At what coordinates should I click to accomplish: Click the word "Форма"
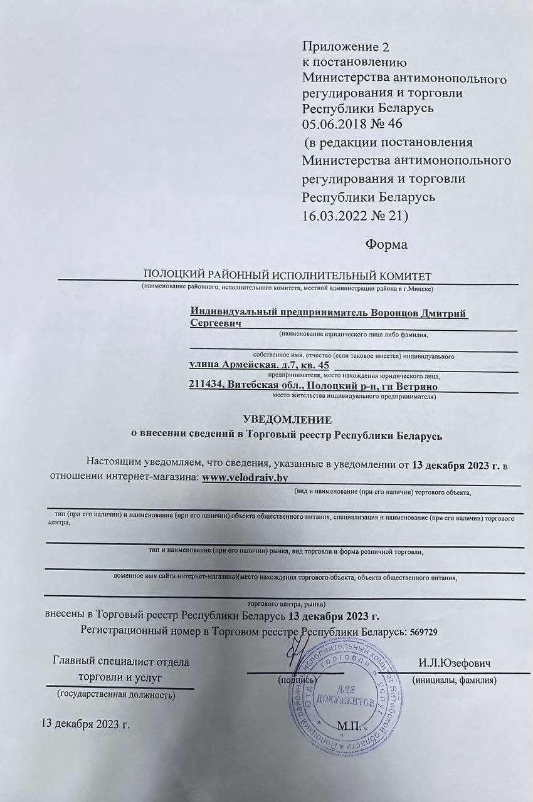coord(386,244)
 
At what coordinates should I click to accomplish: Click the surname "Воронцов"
coord(399,313)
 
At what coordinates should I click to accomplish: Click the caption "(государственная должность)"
coord(116,694)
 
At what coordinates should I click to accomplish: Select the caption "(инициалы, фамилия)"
coord(454,680)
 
